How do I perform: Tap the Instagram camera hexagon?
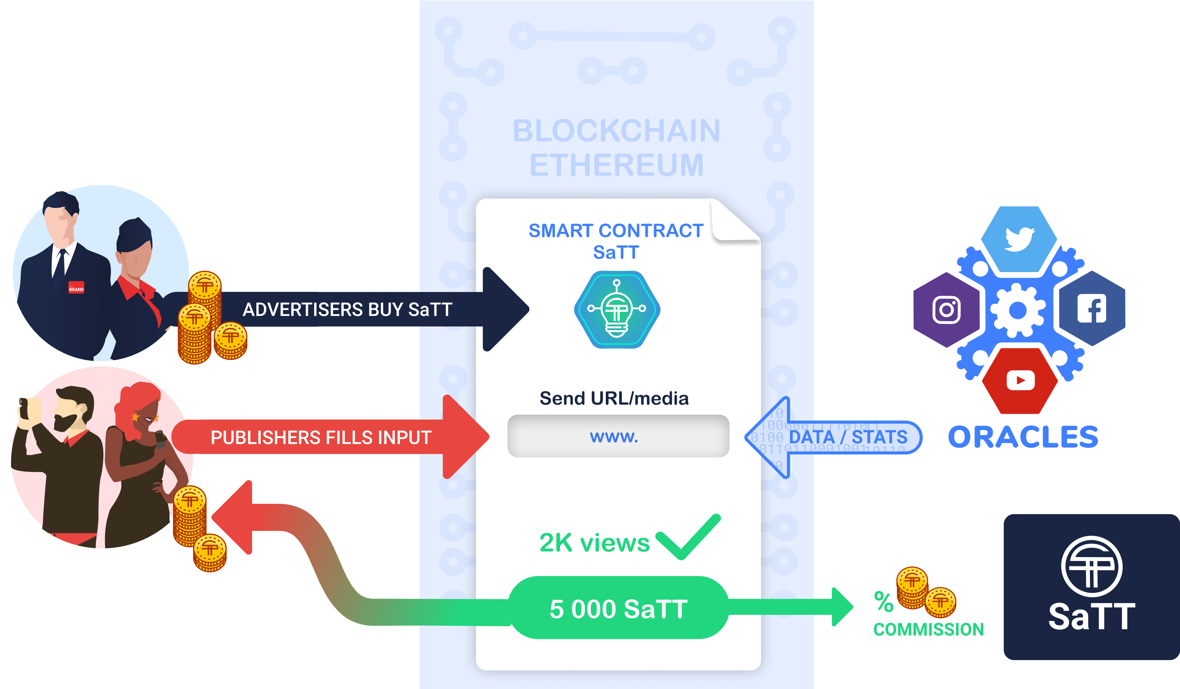click(946, 310)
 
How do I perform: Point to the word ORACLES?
click(1023, 437)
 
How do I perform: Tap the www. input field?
click(618, 436)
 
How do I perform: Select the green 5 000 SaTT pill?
click(618, 609)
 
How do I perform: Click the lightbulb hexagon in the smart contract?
click(617, 309)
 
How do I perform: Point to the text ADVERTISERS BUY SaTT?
click(347, 309)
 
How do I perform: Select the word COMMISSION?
click(928, 630)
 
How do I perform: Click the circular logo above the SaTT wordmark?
click(1091, 566)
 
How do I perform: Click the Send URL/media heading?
click(614, 398)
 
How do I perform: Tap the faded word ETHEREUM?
click(617, 165)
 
